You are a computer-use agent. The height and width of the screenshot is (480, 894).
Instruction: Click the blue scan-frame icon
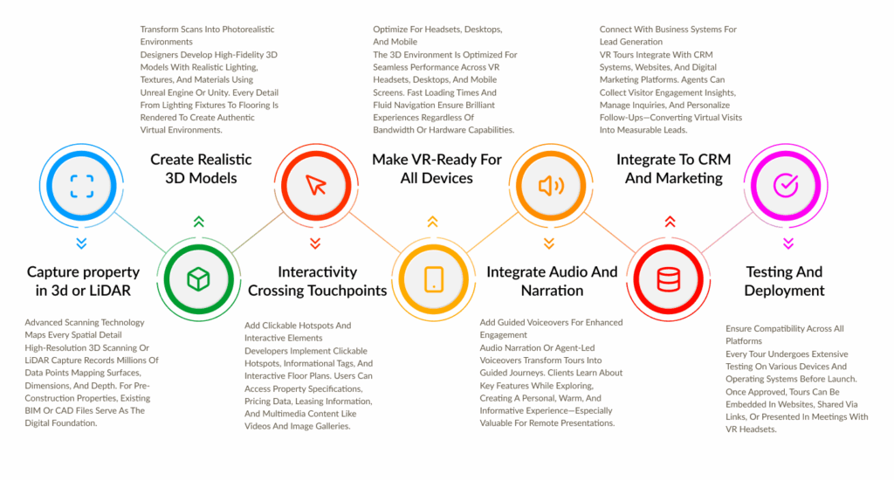click(81, 186)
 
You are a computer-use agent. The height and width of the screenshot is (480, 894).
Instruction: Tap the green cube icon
click(198, 279)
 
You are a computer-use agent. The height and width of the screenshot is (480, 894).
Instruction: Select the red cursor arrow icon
click(316, 185)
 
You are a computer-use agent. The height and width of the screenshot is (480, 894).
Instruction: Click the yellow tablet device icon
click(434, 279)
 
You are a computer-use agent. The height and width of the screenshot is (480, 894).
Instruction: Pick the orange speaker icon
click(552, 186)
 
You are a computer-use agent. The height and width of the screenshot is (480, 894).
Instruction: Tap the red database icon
click(668, 279)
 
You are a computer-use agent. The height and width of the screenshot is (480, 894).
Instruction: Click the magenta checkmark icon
click(786, 185)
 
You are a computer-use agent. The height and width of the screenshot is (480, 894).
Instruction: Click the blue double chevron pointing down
click(81, 243)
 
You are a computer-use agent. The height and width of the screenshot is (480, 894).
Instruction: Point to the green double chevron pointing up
click(198, 221)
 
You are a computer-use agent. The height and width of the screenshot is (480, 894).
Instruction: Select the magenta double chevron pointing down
click(788, 243)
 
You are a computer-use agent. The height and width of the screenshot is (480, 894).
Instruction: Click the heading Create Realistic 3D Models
click(201, 168)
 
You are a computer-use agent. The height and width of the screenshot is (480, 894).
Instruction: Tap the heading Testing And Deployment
click(784, 281)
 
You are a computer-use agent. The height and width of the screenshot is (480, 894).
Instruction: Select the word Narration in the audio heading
click(552, 291)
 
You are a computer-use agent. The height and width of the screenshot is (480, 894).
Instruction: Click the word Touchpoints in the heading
click(351, 291)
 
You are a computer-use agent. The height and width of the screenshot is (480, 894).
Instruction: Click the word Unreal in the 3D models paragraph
click(154, 93)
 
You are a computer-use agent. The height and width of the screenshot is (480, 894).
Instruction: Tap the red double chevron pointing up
click(670, 221)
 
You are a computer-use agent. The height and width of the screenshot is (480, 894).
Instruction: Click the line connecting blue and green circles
click(140, 232)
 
